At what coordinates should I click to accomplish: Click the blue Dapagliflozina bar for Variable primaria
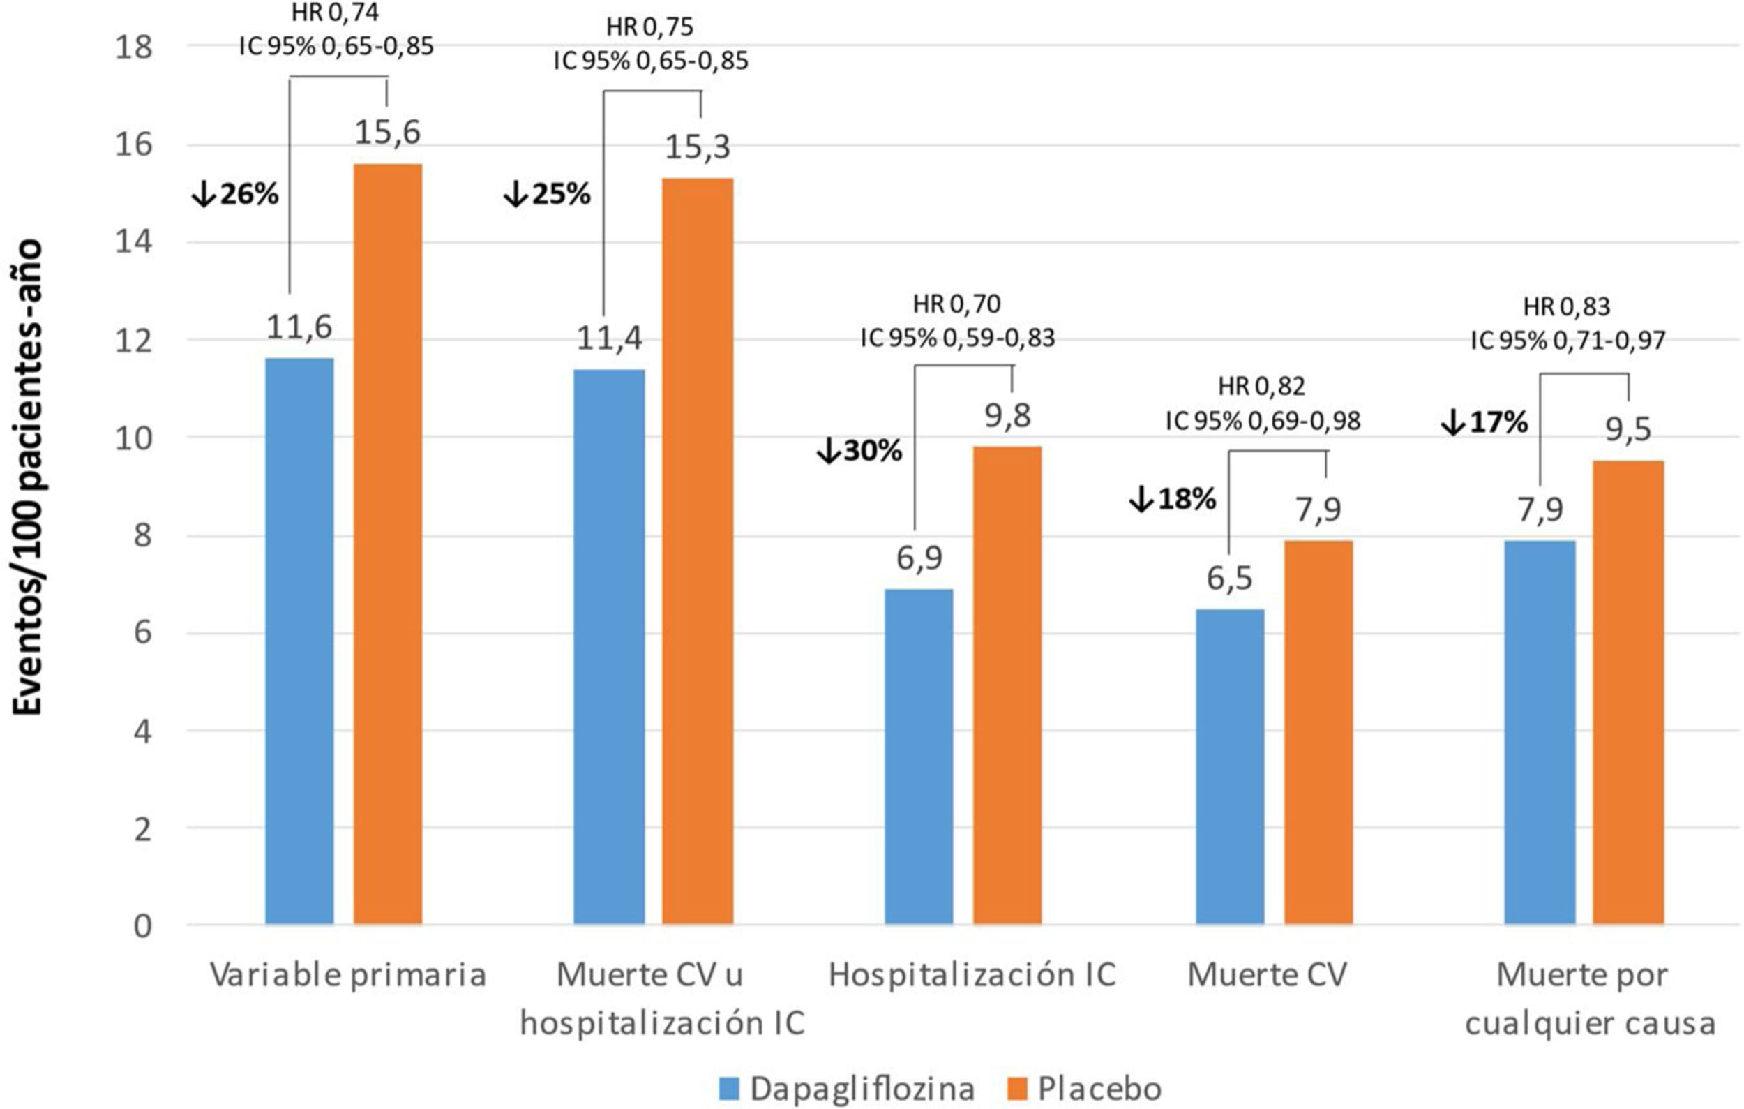coord(299,641)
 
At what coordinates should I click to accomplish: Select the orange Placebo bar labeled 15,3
coord(698,551)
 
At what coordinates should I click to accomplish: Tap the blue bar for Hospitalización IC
coord(918,757)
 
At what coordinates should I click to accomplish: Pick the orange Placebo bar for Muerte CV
coord(1318,731)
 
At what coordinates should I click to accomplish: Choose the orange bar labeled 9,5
coord(1628,692)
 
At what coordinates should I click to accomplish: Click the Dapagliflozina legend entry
coord(848,1089)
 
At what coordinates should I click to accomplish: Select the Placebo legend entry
coord(1085,1089)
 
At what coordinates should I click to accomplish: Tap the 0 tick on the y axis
coord(143,925)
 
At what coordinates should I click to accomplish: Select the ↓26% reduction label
coord(235,194)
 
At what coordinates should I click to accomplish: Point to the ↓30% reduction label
coord(859,451)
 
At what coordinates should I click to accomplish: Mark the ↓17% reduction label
coord(1484,422)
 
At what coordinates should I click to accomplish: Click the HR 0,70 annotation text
coord(956,304)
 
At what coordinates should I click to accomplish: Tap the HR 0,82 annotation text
coord(1262,387)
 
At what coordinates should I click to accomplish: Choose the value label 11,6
coord(299,327)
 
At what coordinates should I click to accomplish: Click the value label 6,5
coord(1229,578)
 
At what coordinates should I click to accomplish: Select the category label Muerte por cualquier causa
coord(1590,999)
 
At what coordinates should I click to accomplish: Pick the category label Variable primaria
coord(347,975)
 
